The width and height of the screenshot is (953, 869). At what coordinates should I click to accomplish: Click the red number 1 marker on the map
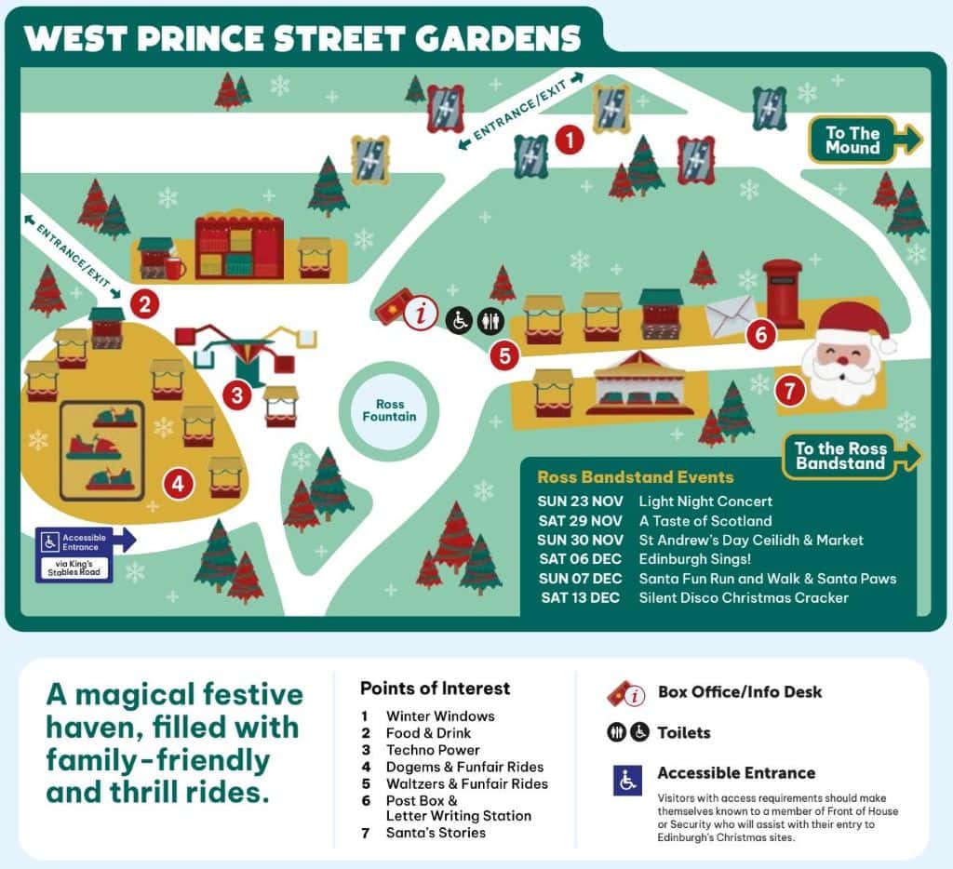[569, 140]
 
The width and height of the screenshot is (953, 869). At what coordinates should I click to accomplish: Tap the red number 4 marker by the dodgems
[178, 483]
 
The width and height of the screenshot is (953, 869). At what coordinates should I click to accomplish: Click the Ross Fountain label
[390, 410]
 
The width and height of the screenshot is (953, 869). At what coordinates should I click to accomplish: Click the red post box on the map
[783, 293]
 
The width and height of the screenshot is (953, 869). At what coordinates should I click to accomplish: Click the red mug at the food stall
[174, 269]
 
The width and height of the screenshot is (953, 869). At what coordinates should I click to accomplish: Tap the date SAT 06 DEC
[580, 559]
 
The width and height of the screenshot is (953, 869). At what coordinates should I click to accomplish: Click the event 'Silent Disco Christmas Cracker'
[744, 598]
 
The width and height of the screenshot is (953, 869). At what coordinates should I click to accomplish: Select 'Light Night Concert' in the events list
[705, 501]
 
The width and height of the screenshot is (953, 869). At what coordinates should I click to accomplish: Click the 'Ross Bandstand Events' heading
[636, 477]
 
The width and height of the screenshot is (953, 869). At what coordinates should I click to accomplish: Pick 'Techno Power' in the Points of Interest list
[433, 750]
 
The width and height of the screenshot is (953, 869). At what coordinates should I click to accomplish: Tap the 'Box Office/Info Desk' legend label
[740, 692]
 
